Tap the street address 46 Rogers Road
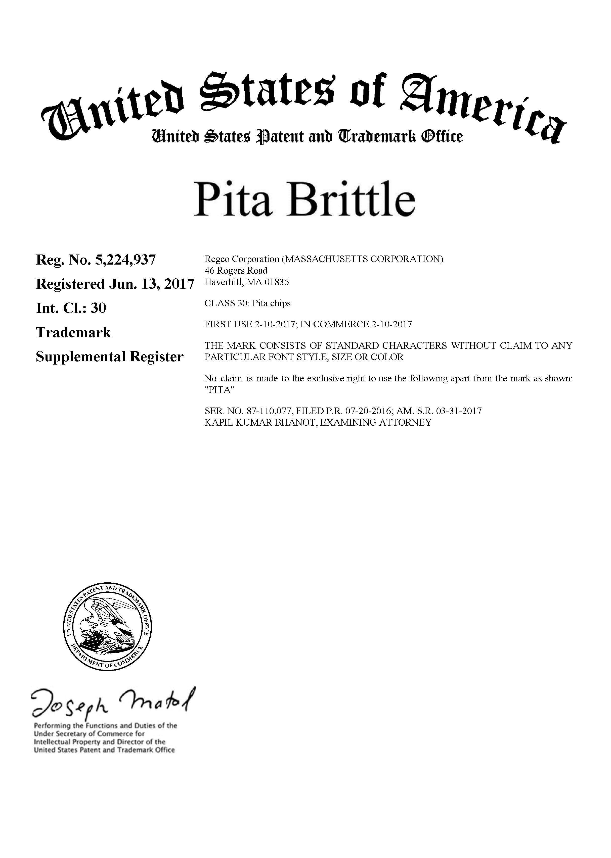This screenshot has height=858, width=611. tap(236, 270)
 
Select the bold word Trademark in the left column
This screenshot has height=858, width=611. tap(73, 332)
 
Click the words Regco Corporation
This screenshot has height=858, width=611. tap(242, 259)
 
